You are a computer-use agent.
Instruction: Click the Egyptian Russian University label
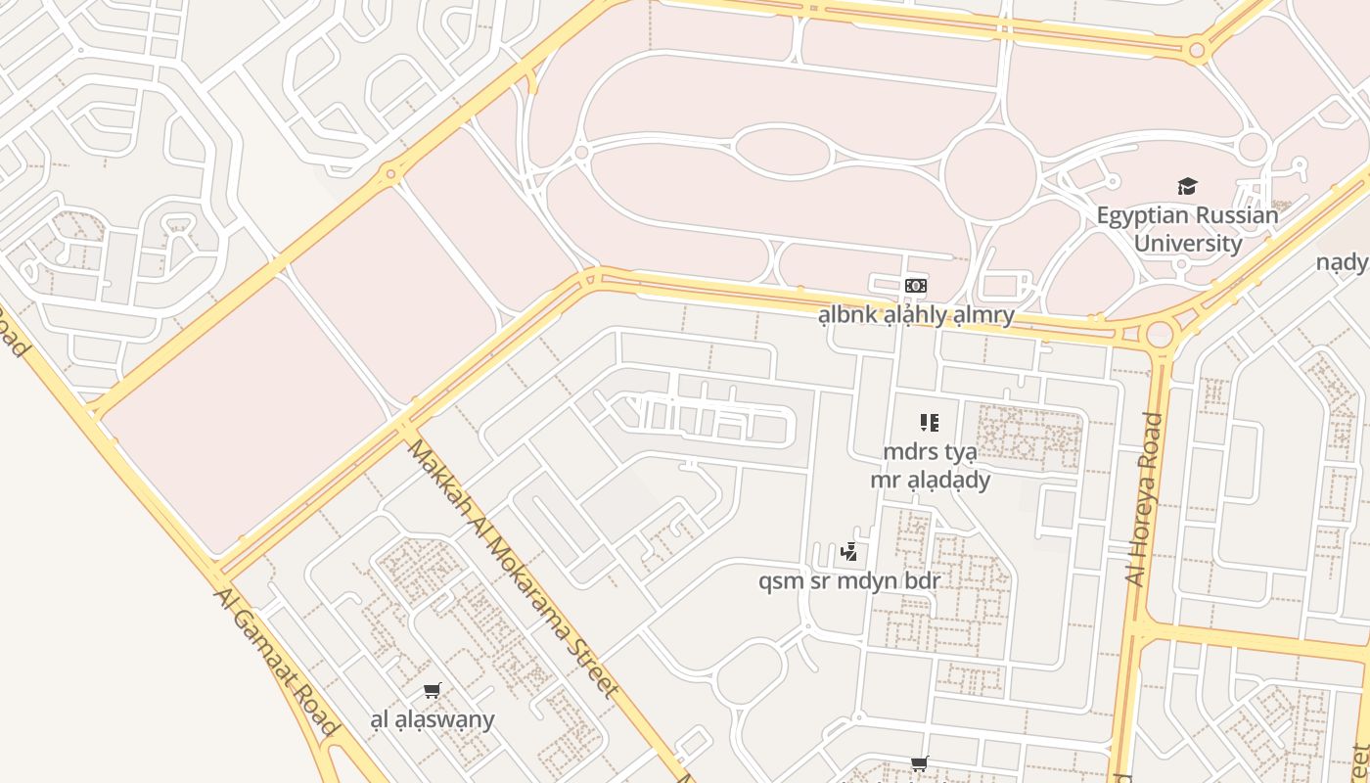click(1186, 229)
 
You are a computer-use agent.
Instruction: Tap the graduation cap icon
click(1187, 186)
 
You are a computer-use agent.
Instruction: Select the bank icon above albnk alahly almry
click(916, 286)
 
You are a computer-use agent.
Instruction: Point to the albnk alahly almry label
click(916, 315)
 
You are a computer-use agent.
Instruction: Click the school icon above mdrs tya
click(929, 423)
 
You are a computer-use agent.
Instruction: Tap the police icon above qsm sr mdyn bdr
click(848, 552)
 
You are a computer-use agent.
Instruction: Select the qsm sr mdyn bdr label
click(849, 581)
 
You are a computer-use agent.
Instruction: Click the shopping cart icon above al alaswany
click(433, 690)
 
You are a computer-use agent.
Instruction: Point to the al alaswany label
click(433, 719)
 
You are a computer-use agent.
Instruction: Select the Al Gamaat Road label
click(277, 662)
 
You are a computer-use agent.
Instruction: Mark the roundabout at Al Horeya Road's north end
click(1160, 335)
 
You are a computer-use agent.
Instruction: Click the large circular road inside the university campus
click(990, 173)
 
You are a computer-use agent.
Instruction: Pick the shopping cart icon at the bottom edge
click(919, 763)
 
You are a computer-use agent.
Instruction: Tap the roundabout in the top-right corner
click(1196, 48)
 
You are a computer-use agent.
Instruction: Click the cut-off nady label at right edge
click(1342, 262)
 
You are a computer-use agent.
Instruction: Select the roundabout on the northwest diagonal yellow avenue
click(391, 175)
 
